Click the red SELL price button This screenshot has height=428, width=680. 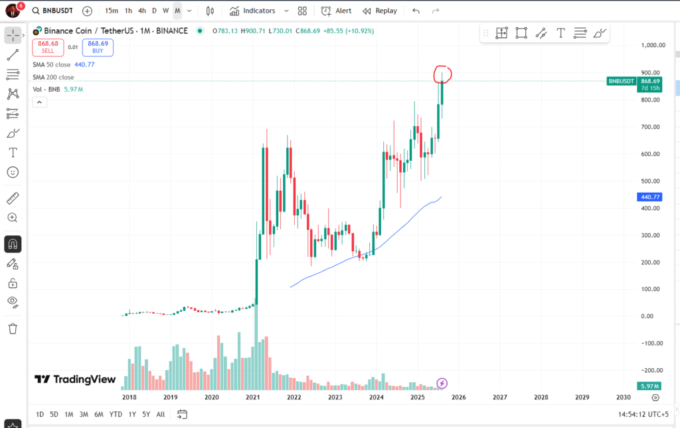click(48, 47)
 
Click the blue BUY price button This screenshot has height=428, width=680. click(98, 47)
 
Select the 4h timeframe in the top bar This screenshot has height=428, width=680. click(142, 11)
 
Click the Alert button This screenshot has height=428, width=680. click(337, 11)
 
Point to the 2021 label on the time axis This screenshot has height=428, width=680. click(253, 397)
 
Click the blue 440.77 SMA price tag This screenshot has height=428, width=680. click(648, 197)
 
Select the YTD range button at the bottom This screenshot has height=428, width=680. click(116, 414)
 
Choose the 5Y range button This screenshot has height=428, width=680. click(146, 414)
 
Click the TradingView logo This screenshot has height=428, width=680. click(75, 379)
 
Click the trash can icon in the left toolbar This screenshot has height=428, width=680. click(13, 328)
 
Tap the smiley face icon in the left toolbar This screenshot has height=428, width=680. click(13, 172)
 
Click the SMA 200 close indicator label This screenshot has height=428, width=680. click(53, 77)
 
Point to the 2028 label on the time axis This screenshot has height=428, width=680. click(541, 397)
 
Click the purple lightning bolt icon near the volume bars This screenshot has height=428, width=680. click(442, 383)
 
